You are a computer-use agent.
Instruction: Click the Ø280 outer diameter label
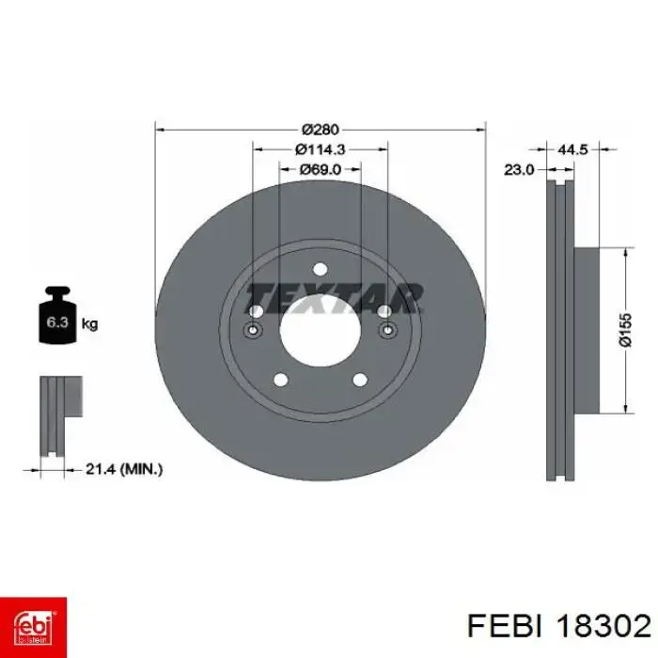coord(320,130)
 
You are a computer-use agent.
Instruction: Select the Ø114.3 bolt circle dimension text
coord(321,149)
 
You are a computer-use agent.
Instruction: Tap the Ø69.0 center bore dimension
coord(321,169)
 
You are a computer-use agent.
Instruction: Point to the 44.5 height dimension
coord(573,149)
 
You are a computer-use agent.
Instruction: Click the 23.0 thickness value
coord(519,169)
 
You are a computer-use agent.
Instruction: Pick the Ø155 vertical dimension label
coord(625,330)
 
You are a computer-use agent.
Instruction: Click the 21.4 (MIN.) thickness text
coord(124,469)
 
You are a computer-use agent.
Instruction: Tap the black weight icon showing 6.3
coord(57,315)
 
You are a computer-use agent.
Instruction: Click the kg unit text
coord(90,324)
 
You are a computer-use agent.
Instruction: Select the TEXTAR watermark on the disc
coord(334,298)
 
